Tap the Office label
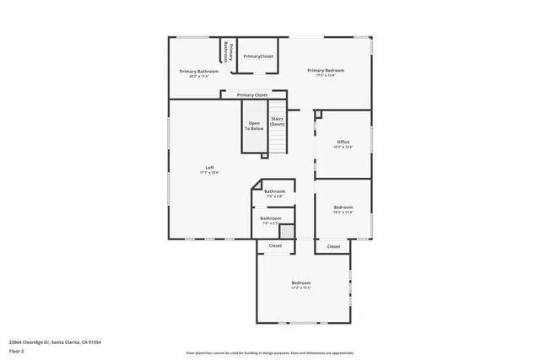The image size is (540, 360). [343, 142]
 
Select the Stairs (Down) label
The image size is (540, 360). [278, 121]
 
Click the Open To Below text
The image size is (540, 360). [255, 126]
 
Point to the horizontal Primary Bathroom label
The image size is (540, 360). [199, 72]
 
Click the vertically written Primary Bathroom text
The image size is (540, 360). [226, 50]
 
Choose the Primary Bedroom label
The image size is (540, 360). [326, 71]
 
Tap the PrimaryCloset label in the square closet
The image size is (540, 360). [258, 56]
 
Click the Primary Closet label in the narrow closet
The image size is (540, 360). [252, 95]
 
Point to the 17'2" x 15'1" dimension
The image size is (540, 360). [301, 287]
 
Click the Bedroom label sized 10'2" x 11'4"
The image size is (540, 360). [343, 207]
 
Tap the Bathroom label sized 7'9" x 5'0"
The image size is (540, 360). [274, 191]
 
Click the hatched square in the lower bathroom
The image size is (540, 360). [287, 230]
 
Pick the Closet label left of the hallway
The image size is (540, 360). [275, 246]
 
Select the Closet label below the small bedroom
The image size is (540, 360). [333, 246]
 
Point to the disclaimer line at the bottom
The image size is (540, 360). [270, 352]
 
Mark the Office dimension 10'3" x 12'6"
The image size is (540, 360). [343, 147]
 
